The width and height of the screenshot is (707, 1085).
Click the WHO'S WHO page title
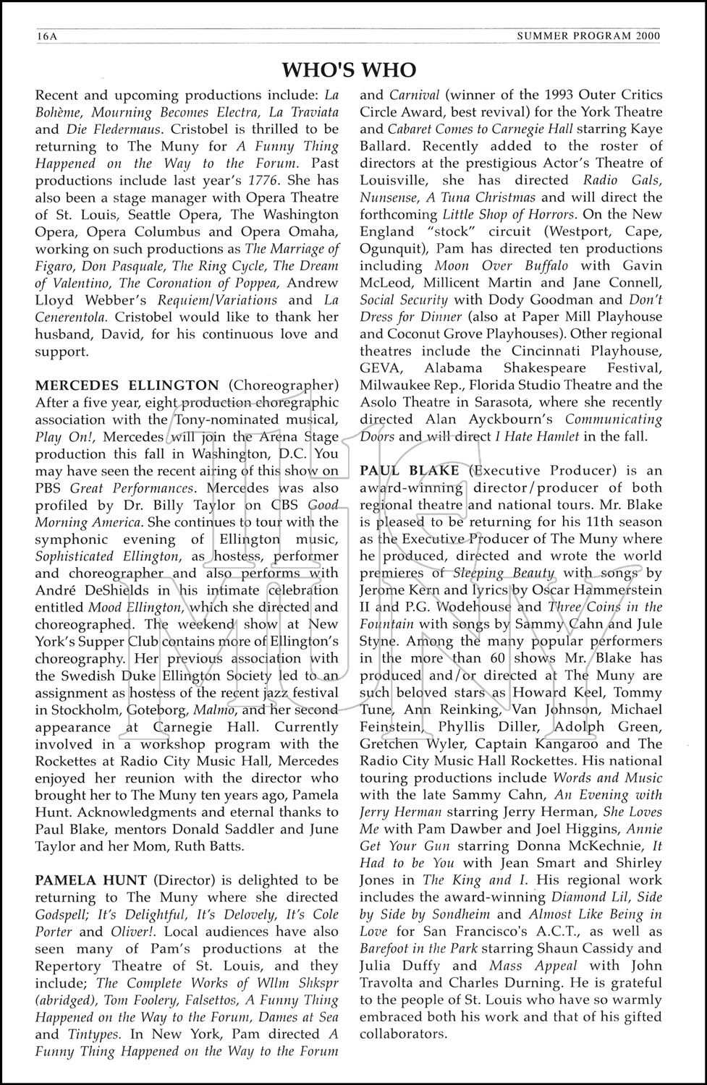coord(349,69)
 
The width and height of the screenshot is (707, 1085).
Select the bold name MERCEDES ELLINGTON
coord(127,385)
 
